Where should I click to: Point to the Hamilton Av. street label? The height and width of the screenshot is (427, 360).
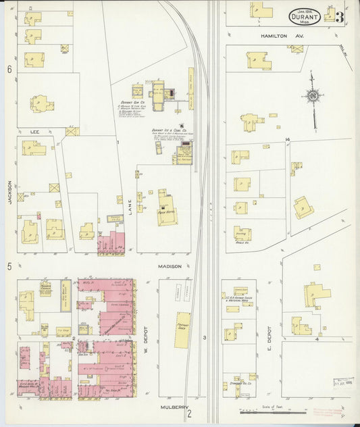click(x=281, y=36)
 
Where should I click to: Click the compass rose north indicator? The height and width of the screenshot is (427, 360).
click(x=313, y=97)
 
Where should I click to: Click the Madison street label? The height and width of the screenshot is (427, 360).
click(x=171, y=266)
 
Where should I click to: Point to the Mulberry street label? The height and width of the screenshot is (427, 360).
click(x=172, y=407)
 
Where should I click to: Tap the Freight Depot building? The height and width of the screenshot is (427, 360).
click(x=182, y=330)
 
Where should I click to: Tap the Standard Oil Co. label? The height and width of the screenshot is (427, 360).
click(x=240, y=383)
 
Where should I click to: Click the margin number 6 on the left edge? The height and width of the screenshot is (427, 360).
click(x=9, y=70)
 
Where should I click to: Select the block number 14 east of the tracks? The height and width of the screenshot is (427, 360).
click(x=287, y=139)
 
